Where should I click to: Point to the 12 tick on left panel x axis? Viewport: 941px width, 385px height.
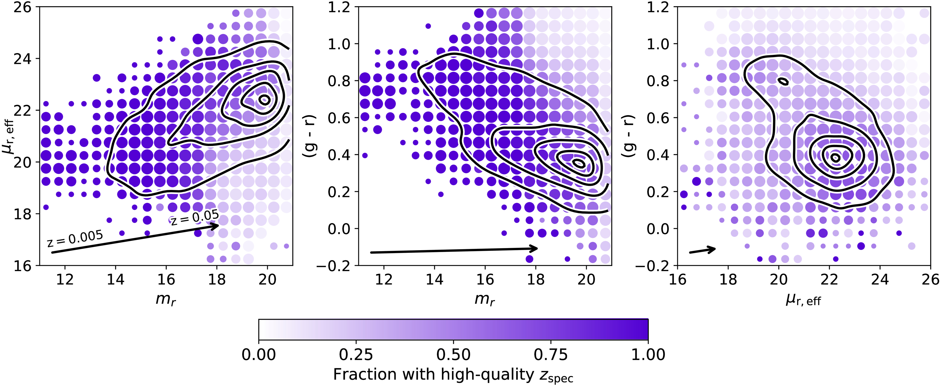pyautogui.click(x=65, y=280)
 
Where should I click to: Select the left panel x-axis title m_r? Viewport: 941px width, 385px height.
pyautogui.click(x=166, y=299)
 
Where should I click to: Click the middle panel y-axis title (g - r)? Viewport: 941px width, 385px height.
pyautogui.click(x=311, y=136)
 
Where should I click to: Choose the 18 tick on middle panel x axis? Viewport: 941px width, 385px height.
pyautogui.click(x=536, y=280)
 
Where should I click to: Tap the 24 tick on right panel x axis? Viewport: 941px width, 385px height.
pyautogui.click(x=880, y=280)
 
